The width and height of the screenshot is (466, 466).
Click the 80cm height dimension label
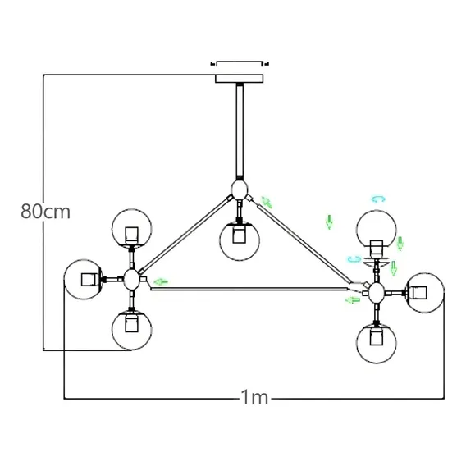click(45, 212)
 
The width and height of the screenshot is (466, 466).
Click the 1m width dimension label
click(254, 397)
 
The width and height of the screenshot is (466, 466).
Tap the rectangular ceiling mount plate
click(240, 79)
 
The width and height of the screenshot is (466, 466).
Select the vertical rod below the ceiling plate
click(240, 130)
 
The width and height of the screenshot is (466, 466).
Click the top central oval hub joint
click(240, 190)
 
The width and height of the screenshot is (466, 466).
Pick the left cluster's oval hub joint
click(131, 280)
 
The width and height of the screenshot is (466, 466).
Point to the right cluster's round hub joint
click(377, 293)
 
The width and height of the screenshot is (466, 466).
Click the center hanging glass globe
click(240, 240)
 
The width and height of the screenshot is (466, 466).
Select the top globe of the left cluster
click(131, 229)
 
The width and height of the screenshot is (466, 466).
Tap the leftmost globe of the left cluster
click(84, 280)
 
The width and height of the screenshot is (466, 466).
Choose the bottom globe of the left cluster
click(131, 330)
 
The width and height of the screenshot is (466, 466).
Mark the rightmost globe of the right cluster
click(424, 293)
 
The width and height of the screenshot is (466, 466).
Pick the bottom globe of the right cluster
click(377, 343)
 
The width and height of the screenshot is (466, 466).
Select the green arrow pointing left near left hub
click(161, 281)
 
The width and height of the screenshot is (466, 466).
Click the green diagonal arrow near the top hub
click(267, 203)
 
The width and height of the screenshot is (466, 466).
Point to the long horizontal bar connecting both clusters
click(249, 289)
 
